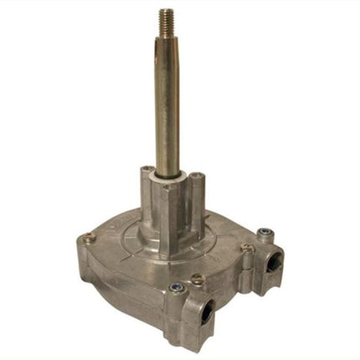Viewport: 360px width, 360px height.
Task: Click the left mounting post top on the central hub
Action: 147,171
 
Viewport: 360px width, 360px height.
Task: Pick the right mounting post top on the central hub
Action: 196,177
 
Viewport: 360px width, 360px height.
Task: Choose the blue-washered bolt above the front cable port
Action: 176,288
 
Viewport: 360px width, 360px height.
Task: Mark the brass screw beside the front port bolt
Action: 198,279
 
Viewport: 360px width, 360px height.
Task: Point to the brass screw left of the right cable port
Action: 246,248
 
